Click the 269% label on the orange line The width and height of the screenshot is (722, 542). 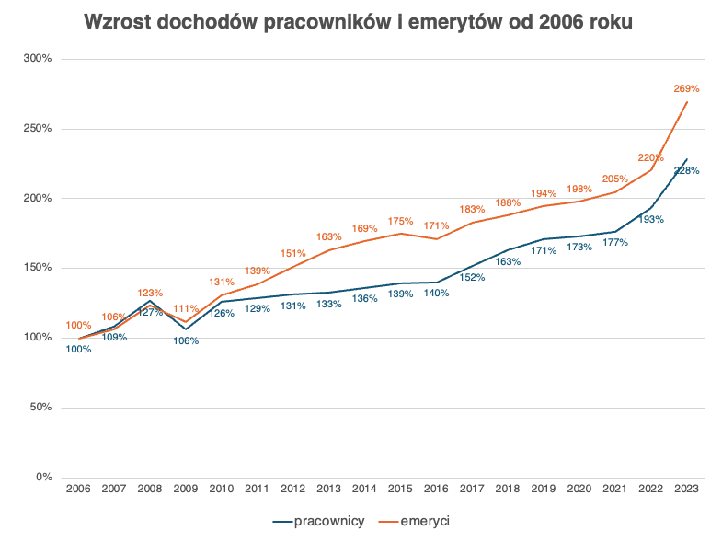(x=686, y=89)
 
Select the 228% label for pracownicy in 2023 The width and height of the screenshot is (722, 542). (x=686, y=170)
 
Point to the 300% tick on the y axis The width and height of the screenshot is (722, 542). (x=38, y=59)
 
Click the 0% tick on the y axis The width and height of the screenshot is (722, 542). (x=43, y=478)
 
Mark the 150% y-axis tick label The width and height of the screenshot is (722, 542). (x=38, y=268)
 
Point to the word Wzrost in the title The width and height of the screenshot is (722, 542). (x=116, y=23)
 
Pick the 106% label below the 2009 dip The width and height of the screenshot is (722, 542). (x=186, y=340)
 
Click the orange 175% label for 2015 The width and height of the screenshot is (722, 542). (x=400, y=221)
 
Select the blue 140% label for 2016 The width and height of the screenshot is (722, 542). (x=436, y=294)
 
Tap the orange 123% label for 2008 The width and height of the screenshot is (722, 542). (x=150, y=293)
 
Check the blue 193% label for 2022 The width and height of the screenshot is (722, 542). (x=650, y=219)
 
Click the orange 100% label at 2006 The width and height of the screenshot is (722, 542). (x=78, y=326)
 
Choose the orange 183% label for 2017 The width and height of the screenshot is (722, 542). (x=472, y=210)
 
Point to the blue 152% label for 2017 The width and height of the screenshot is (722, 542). (x=472, y=277)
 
